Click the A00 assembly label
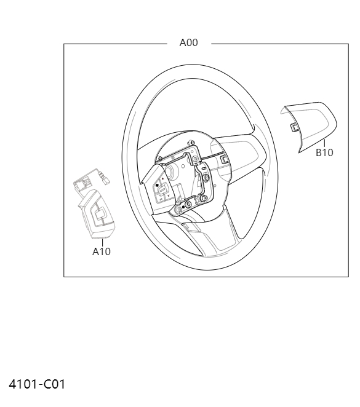coord(188,43)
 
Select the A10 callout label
coord(102,251)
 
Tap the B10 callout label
coord(324,153)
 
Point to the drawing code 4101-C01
coord(36,385)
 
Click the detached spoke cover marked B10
coord(311,123)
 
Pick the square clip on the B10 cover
coord(294,127)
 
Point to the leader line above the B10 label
coord(323,143)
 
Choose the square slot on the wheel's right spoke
coord(225,159)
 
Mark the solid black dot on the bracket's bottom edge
coord(183,205)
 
